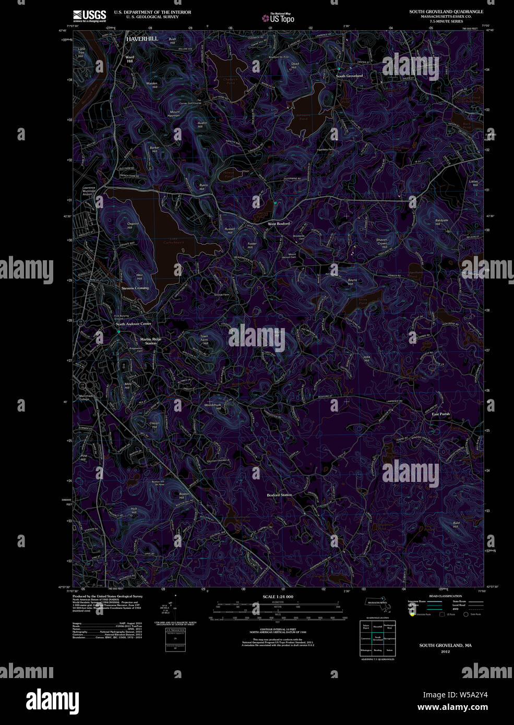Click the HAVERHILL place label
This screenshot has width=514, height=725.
[x=141, y=39]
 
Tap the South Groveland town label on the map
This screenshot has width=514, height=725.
[x=349, y=76]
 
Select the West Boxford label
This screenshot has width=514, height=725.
[x=279, y=224]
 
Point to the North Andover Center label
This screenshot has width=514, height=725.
[x=134, y=324]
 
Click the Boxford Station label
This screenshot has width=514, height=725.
[x=279, y=495]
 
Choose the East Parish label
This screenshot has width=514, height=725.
[x=440, y=414]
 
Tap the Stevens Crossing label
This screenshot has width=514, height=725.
[x=135, y=288]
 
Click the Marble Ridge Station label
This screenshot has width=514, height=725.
[x=151, y=341]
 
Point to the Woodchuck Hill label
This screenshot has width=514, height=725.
[x=213, y=406]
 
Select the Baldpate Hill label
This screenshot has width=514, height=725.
[x=441, y=222]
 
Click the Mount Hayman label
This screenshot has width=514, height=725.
[x=174, y=114]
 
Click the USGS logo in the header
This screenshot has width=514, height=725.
[x=90, y=15]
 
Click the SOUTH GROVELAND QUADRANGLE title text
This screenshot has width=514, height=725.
[x=446, y=11]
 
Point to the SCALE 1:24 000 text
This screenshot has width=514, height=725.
[x=278, y=597]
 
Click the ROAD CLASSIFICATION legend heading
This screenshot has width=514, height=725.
[x=445, y=596]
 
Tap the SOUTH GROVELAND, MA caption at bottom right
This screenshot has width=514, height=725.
[x=445, y=646]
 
